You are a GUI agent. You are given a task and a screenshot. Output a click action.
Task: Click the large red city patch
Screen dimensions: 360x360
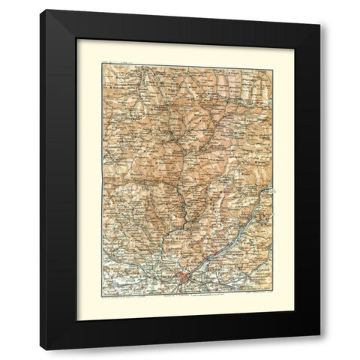pyautogui.click(x=184, y=281)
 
